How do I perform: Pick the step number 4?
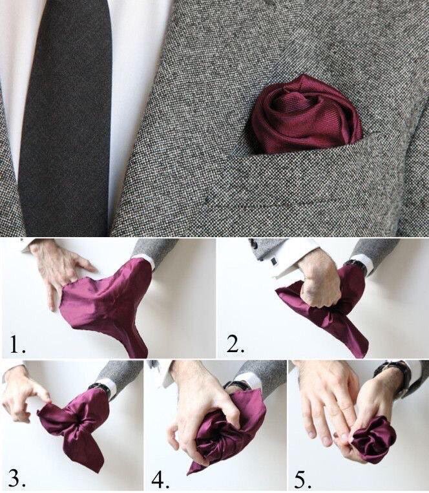(x=160, y=479)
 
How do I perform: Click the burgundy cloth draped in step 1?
(x=110, y=304)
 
